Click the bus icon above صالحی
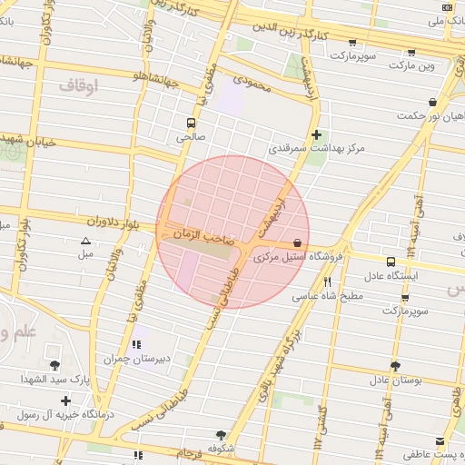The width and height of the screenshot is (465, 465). point(191,123)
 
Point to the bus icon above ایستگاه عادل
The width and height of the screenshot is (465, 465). point(391,261)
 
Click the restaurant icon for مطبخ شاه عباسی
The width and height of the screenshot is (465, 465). point(326,282)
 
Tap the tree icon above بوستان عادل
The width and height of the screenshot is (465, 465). point(394,366)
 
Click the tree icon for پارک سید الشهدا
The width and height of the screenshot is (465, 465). point(55,364)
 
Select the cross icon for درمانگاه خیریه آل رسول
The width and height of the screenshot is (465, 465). point(65,400)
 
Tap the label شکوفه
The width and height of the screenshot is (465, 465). point(222,448)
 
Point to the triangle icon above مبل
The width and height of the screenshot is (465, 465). point(85,241)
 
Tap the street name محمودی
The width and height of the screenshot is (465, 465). point(252,82)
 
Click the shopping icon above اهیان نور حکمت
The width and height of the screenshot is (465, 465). point(432,102)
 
